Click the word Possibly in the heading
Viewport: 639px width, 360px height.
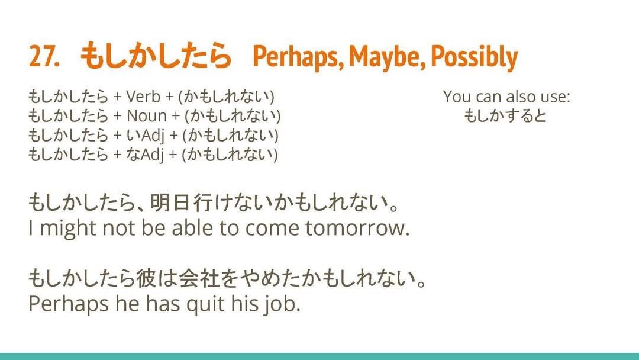475,57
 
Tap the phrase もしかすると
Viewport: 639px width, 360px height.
505,116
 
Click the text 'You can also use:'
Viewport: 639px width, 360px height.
506,97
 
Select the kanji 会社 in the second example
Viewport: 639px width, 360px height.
197,279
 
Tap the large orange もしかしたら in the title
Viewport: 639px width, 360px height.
156,56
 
